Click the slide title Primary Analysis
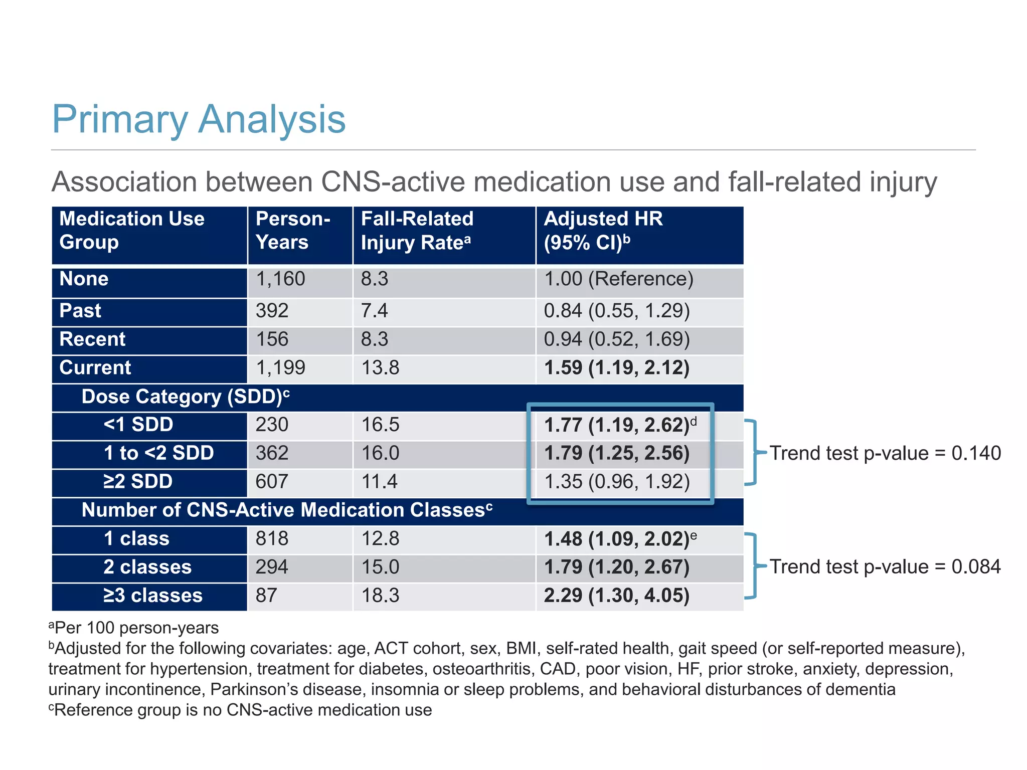coord(199,119)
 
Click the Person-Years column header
coord(293,231)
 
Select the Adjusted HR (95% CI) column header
coord(603,231)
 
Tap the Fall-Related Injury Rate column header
coord(417,231)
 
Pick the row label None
coord(84,279)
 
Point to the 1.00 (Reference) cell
coord(618,279)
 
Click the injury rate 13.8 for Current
coord(380,368)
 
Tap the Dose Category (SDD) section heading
coord(185,397)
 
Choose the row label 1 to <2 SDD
coord(158,453)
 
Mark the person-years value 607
coord(272,482)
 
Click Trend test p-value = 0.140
coord(885,453)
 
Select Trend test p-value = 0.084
coord(885,567)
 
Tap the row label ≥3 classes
coord(153,596)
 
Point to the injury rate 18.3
coord(380,596)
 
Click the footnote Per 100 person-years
coord(134,628)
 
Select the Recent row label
coord(92,339)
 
